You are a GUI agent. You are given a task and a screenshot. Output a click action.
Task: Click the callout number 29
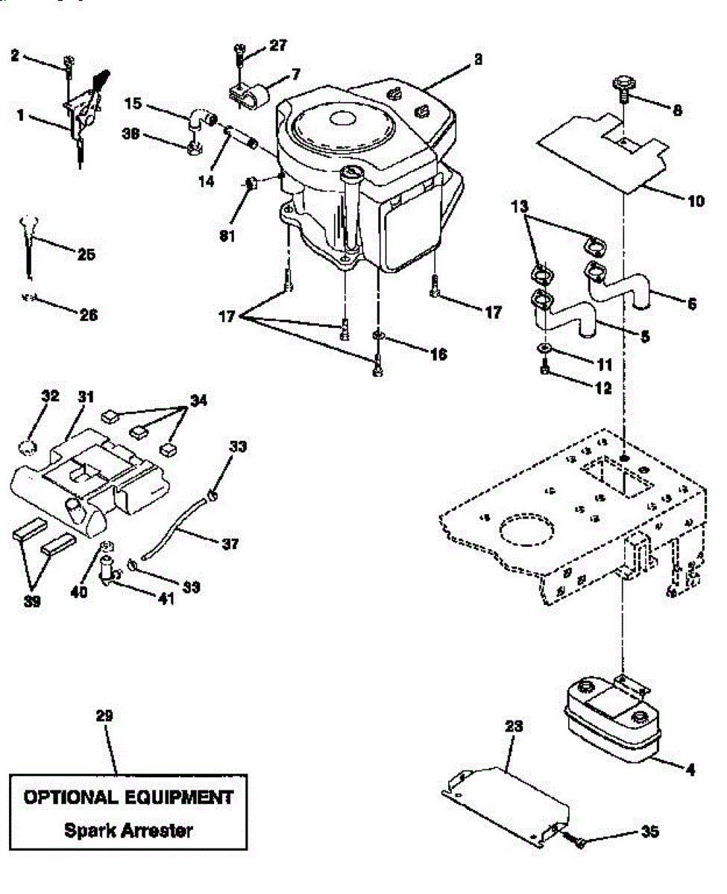(x=104, y=716)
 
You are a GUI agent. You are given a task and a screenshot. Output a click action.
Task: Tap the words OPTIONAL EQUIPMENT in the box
(x=128, y=797)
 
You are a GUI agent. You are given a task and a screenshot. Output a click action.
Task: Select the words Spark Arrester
(x=128, y=830)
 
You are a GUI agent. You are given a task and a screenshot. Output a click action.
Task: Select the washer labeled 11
(x=545, y=349)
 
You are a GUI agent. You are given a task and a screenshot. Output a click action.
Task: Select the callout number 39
(x=32, y=601)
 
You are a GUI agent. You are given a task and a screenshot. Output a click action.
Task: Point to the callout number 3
(x=477, y=60)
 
